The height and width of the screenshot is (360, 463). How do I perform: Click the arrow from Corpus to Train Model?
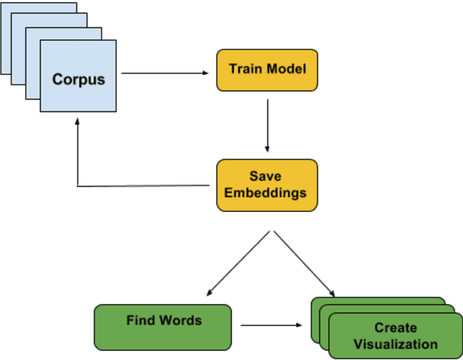166,73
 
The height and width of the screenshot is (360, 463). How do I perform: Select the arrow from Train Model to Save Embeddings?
267,125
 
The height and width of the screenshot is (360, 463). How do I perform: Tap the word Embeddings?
266,192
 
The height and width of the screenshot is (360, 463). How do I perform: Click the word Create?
394,328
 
